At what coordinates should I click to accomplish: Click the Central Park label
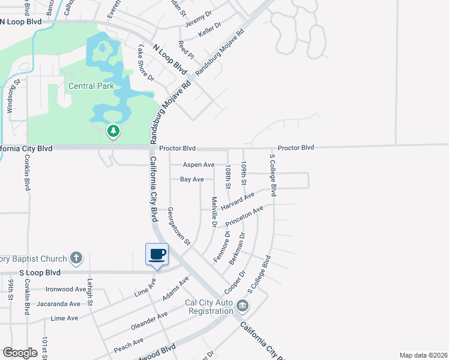pos(91,86)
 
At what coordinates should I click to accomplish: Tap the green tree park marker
pos(113,130)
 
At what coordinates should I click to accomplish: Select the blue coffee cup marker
pos(157,254)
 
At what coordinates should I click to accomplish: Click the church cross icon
pos(76,259)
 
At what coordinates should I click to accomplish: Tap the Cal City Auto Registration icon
pos(242,306)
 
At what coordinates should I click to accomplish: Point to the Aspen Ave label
pos(199,164)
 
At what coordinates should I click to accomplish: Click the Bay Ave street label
pos(192,179)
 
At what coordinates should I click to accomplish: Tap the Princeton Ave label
pos(246,217)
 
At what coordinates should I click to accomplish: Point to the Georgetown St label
pos(178,227)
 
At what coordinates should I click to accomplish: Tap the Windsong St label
pos(10,97)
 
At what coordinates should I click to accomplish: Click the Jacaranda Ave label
pos(59,304)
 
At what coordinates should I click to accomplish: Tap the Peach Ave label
pos(128,344)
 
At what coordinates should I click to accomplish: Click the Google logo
pos(20,353)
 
